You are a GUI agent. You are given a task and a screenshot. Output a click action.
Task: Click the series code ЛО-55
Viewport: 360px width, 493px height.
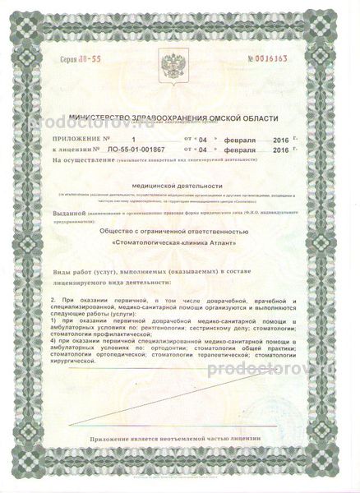77,60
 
